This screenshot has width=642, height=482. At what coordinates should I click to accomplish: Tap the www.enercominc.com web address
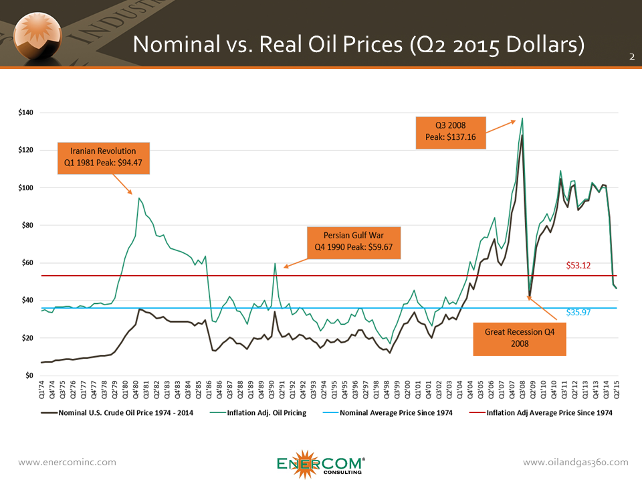pos(67,463)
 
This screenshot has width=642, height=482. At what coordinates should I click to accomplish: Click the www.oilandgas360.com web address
pos(575,463)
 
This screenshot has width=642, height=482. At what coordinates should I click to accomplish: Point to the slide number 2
pos(631,58)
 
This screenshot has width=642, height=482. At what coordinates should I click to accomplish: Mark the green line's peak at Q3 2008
pos(522,118)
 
